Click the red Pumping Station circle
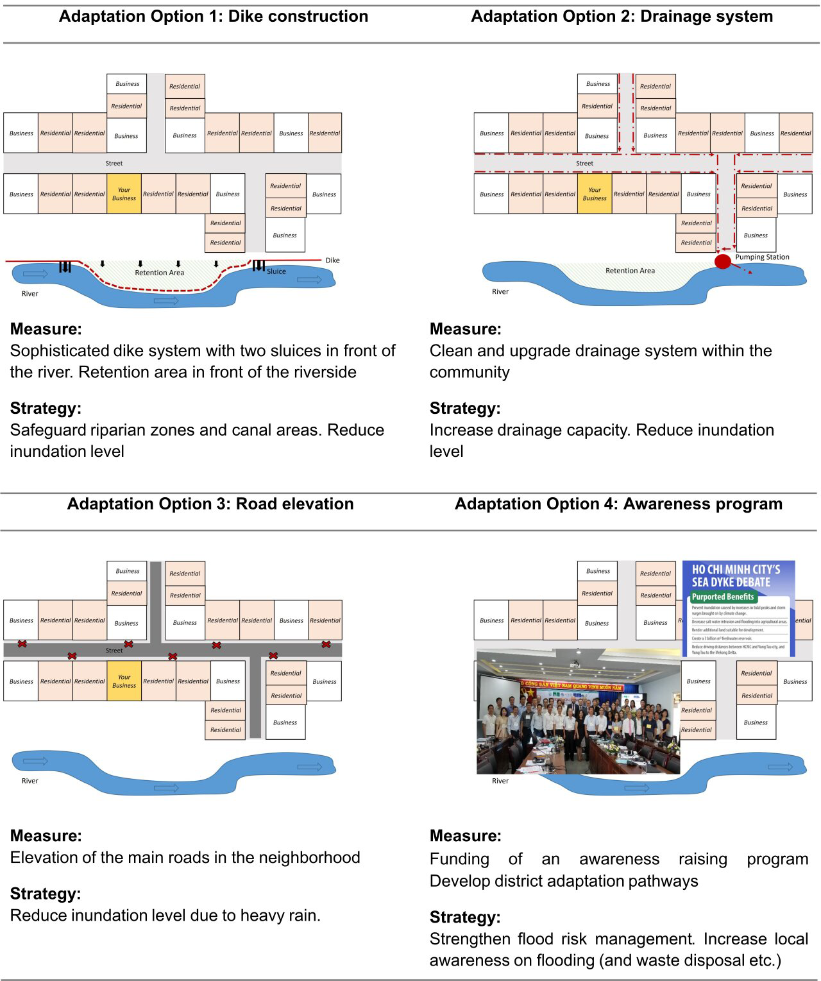click(723, 262)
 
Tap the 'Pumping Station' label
click(762, 257)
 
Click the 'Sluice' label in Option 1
click(276, 271)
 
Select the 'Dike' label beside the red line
click(332, 260)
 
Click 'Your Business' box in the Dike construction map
click(124, 194)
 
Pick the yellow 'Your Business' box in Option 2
click(595, 194)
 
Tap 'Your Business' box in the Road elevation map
click(124, 681)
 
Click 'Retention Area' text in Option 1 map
click(159, 273)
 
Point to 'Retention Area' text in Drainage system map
click(630, 271)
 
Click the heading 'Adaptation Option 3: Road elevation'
click(210, 504)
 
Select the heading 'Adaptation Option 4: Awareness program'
click(618, 504)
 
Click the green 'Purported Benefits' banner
click(723, 597)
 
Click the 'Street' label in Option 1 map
click(114, 164)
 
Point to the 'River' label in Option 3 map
click(30, 781)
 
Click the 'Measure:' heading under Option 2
click(465, 329)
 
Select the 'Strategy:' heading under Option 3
click(46, 893)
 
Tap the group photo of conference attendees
click(578, 712)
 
